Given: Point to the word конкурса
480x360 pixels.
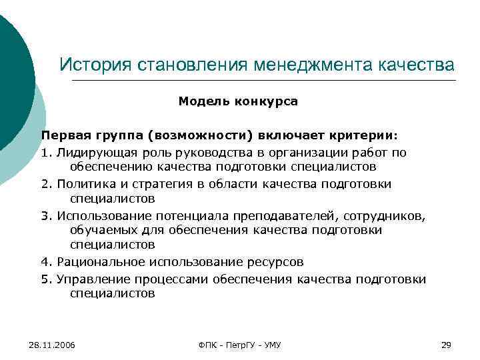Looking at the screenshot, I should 265,102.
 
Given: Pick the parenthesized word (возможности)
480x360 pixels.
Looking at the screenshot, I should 201,135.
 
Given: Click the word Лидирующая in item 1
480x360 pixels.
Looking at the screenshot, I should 95,153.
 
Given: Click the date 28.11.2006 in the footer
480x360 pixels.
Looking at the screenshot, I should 52,345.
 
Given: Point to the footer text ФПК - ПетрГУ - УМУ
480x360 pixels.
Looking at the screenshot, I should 239,345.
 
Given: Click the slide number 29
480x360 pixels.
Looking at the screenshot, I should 447,345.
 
